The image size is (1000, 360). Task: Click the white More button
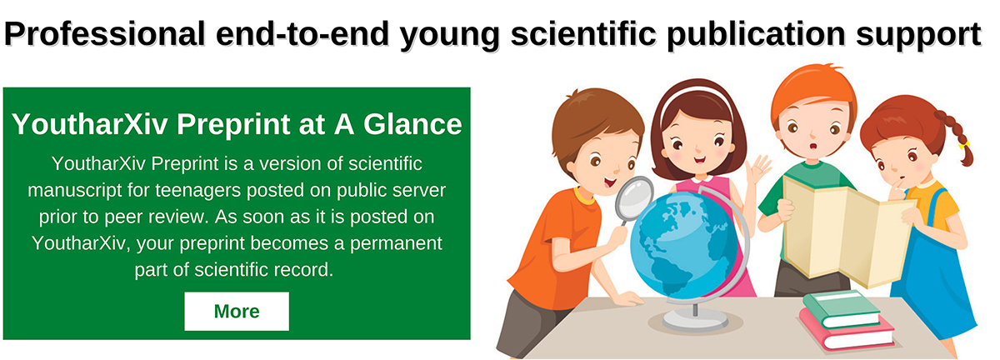click(237, 312)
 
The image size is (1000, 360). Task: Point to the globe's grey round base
click(695, 321)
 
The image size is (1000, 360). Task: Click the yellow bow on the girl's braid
click(964, 145)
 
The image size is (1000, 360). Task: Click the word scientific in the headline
click(583, 34)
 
